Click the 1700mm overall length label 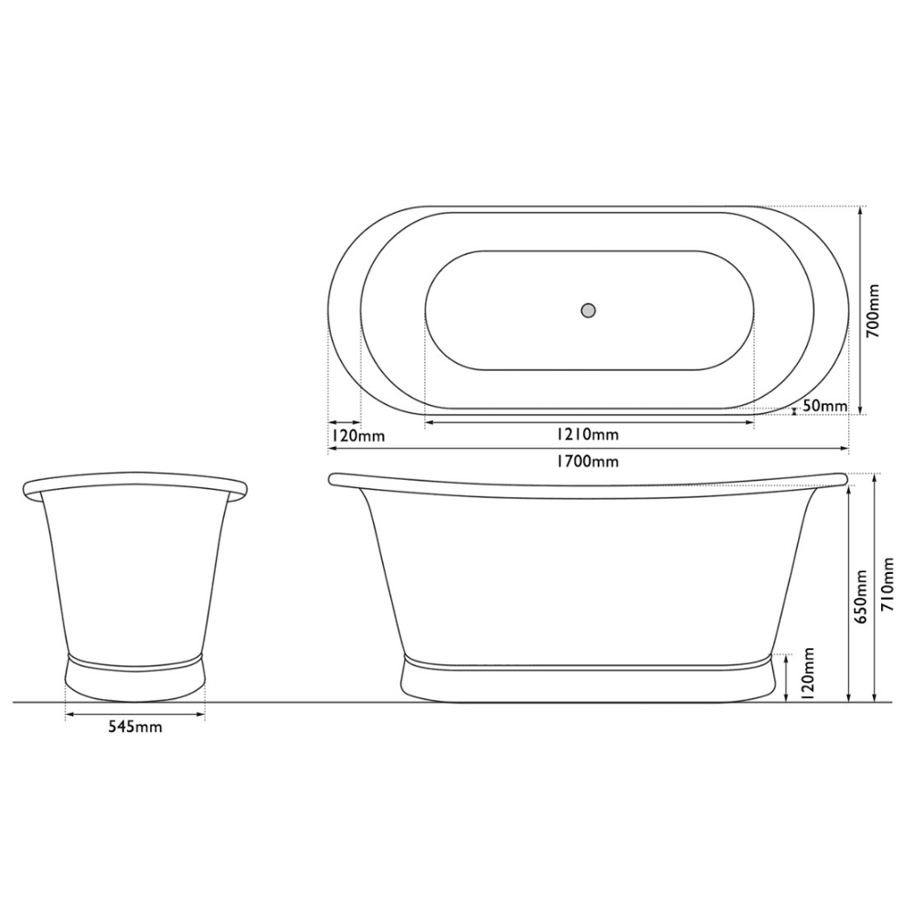point(586,462)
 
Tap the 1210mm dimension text point(588,435)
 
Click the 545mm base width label point(135,728)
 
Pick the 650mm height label point(862,596)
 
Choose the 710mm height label point(887,585)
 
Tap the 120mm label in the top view point(358,436)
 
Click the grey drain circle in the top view point(589,310)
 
